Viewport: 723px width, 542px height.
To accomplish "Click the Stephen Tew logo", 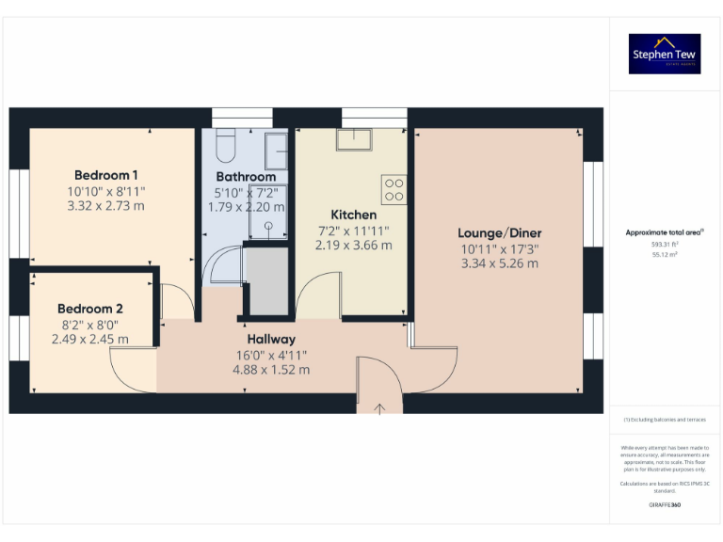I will (x=665, y=54).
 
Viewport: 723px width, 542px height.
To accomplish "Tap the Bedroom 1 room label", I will (x=105, y=175).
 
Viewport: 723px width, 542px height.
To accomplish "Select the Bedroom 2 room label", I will (x=90, y=309).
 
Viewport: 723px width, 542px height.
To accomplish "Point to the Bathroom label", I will (x=246, y=177).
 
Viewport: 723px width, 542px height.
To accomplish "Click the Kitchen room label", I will (x=353, y=215).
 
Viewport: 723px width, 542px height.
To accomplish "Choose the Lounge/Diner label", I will (x=500, y=233).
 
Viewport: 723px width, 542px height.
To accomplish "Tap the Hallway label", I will (x=271, y=339).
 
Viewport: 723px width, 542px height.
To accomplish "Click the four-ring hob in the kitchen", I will (x=394, y=189).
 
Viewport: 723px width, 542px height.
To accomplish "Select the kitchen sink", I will (x=354, y=139).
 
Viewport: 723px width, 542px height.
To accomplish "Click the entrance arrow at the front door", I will (x=380, y=408).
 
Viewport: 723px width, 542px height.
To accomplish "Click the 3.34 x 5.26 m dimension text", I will (x=500, y=263).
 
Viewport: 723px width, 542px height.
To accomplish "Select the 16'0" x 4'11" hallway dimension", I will (x=271, y=355).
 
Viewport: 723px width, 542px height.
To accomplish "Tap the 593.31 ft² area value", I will (x=665, y=244).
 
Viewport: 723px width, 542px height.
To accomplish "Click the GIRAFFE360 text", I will (x=665, y=505).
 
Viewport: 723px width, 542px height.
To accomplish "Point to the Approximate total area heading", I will (x=665, y=231).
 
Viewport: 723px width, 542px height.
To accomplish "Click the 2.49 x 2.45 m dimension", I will (x=90, y=340).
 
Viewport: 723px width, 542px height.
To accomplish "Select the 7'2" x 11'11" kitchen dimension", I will (x=353, y=230).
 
